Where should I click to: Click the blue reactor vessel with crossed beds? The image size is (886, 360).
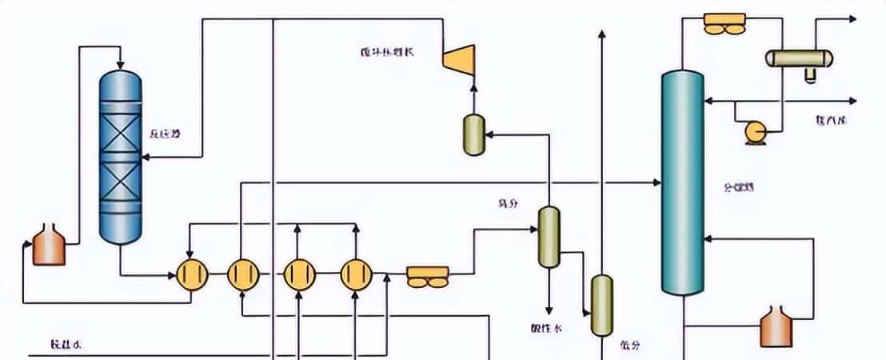click(120, 156)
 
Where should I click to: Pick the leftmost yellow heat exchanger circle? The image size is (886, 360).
click(191, 274)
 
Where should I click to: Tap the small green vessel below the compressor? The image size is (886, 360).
click(474, 134)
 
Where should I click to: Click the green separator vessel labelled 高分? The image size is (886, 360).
click(549, 236)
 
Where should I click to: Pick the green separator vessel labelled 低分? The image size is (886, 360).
click(601, 305)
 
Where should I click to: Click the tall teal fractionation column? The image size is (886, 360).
click(682, 182)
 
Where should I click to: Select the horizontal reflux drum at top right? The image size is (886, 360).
click(799, 58)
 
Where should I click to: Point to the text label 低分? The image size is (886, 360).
click(629, 346)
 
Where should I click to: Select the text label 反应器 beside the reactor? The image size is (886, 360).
click(164, 134)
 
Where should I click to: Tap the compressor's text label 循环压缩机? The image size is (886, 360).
click(387, 53)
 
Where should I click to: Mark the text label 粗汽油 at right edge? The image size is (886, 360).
click(832, 120)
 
